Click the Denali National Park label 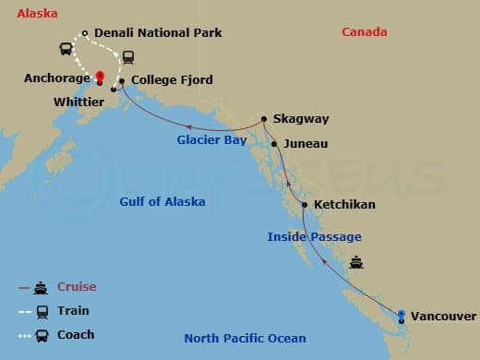pyautogui.click(x=158, y=33)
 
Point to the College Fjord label pyautogui.click(x=172, y=80)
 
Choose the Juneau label pyautogui.click(x=305, y=144)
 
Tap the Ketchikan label pyautogui.click(x=344, y=204)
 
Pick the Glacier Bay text pyautogui.click(x=211, y=140)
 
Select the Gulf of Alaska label pyautogui.click(x=162, y=201)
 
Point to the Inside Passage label pyautogui.click(x=314, y=237)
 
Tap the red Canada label pyautogui.click(x=365, y=32)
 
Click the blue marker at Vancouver pyautogui.click(x=402, y=316)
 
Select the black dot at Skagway pyautogui.click(x=264, y=118)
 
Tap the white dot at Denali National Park pyautogui.click(x=85, y=34)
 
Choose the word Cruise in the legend pyautogui.click(x=76, y=287)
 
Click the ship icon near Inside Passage pyautogui.click(x=356, y=262)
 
